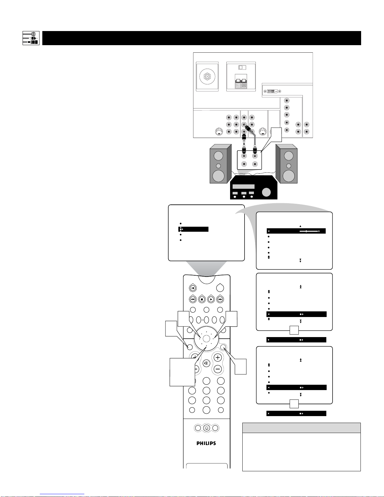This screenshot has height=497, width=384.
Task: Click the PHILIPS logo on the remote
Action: (x=206, y=443)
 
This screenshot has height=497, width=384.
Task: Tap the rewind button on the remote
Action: (x=193, y=299)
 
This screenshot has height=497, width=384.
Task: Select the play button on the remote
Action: (x=211, y=299)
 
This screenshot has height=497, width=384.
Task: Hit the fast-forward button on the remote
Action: (x=220, y=299)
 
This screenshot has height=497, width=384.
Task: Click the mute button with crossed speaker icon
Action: (x=206, y=363)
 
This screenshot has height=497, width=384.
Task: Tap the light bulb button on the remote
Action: (x=206, y=428)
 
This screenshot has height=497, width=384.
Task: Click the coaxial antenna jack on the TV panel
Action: (x=207, y=77)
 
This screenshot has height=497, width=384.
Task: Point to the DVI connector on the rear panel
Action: (x=272, y=91)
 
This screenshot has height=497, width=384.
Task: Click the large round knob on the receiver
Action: (x=266, y=192)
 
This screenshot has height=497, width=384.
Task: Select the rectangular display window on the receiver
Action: (x=244, y=186)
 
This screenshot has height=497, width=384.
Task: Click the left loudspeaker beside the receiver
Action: (x=220, y=164)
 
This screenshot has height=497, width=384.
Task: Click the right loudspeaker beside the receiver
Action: (x=287, y=164)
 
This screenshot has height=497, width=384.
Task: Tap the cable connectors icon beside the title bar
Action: (x=31, y=38)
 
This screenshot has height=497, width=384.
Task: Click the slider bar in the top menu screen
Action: (x=309, y=231)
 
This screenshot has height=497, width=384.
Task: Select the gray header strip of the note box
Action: (x=302, y=428)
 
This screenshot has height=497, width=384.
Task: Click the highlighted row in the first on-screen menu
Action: (x=193, y=229)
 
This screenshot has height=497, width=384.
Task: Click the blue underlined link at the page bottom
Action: (x=62, y=494)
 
